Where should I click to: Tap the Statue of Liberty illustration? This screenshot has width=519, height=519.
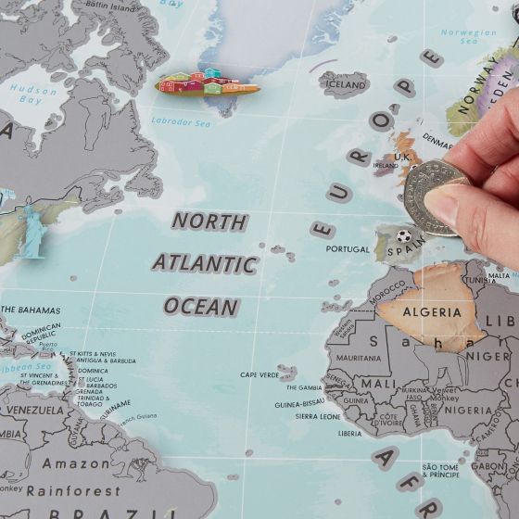tap(32, 231)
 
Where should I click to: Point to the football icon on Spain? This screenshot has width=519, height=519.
tap(403, 236)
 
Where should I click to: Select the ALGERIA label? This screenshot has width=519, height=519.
tap(431, 312)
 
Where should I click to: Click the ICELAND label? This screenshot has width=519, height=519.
tap(345, 84)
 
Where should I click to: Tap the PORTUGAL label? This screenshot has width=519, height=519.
tap(348, 248)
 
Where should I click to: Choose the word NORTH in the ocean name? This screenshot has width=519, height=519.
tap(210, 222)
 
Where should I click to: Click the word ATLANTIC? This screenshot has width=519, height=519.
tap(204, 263)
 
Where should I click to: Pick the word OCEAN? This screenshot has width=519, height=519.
tap(201, 306)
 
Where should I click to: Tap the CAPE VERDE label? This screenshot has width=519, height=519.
tap(259, 374)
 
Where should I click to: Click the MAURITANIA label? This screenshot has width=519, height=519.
tap(358, 358)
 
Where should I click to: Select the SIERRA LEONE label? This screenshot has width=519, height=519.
tap(318, 416)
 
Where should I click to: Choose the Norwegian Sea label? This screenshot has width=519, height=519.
tap(468, 37)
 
